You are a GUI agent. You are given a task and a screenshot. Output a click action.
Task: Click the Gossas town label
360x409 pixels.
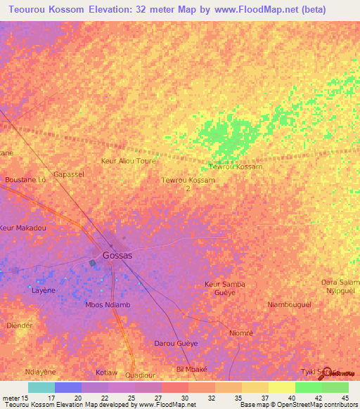(x=117, y=256)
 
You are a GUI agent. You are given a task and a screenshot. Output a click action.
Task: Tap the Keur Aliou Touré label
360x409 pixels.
(x=129, y=161)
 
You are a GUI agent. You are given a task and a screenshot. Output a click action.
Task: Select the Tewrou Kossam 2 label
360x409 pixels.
(x=188, y=184)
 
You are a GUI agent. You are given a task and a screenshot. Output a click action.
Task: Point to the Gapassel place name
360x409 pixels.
(x=68, y=174)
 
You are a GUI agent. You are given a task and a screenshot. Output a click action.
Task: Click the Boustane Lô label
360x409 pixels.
(x=25, y=180)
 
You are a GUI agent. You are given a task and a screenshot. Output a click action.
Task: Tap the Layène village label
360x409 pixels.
(x=43, y=290)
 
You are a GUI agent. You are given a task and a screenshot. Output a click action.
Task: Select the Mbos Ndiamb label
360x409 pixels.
(x=108, y=305)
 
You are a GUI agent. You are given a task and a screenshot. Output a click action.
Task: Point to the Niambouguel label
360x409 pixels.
(x=289, y=304)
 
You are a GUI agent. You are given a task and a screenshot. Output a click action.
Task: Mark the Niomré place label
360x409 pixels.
(x=240, y=332)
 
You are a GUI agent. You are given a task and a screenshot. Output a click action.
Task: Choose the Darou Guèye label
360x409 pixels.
(x=176, y=344)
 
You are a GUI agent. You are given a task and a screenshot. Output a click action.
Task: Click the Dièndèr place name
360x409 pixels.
(x=19, y=325)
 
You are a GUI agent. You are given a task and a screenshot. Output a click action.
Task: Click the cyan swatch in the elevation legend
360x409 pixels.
(x=41, y=387)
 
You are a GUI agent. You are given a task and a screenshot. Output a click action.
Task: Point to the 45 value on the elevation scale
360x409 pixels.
(x=344, y=398)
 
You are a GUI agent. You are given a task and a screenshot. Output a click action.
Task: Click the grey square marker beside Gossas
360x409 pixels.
(x=93, y=263)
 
